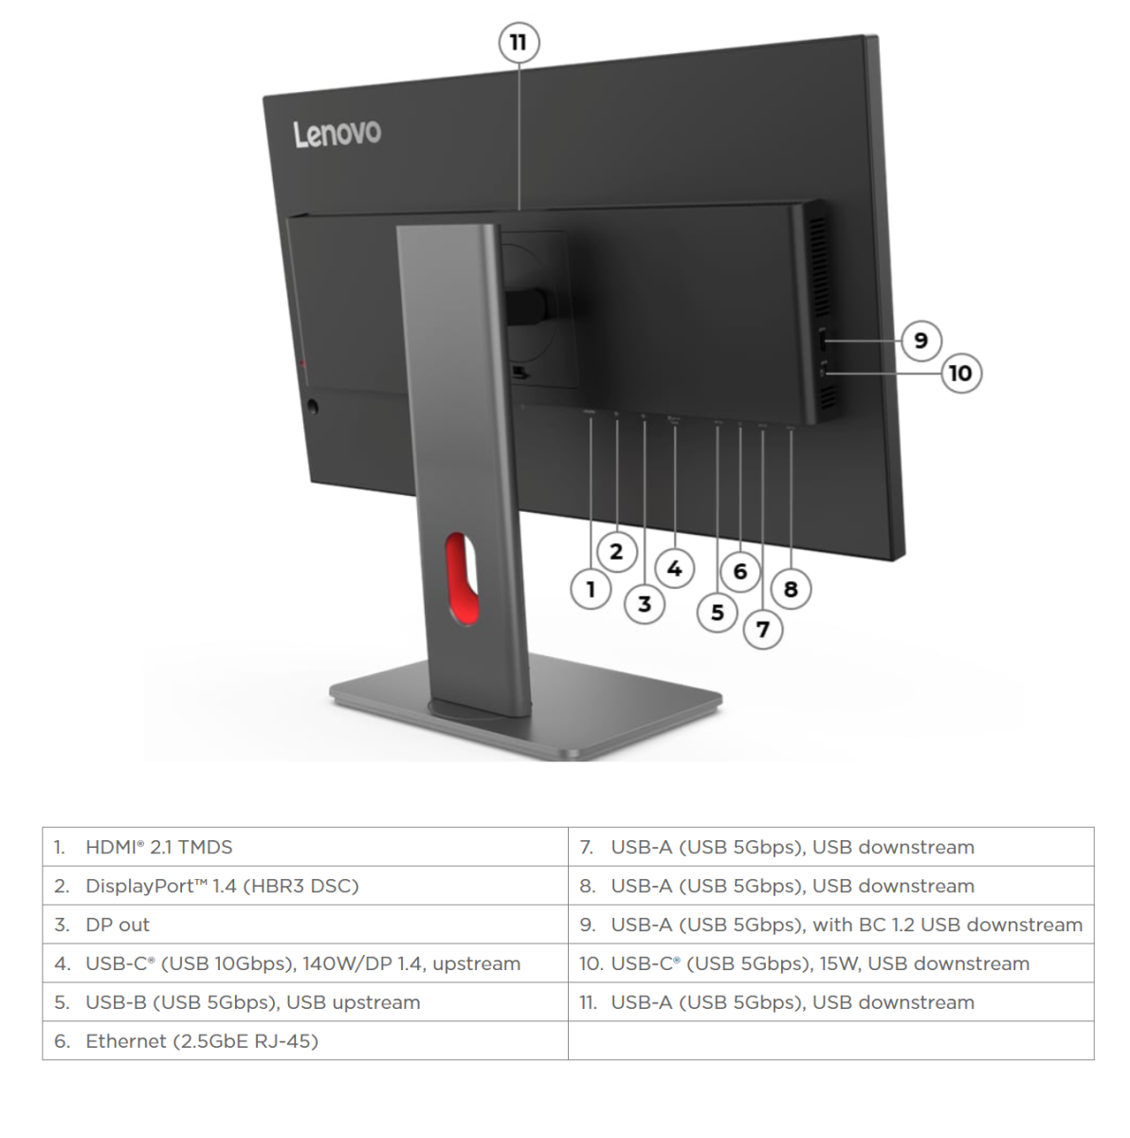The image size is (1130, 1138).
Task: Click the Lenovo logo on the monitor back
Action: [x=337, y=133]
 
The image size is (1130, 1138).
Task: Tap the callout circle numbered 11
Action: [x=519, y=43]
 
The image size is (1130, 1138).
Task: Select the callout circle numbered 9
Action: [x=920, y=340]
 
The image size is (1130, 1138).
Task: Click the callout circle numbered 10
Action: [x=960, y=373]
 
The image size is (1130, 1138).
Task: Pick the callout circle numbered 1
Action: [x=591, y=590]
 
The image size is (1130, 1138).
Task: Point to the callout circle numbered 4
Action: [x=674, y=569]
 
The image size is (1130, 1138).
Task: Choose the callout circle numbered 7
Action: [x=763, y=629]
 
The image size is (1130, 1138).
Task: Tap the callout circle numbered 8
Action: [x=791, y=590]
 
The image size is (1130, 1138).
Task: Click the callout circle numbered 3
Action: [x=645, y=604]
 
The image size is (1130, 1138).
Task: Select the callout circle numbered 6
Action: [x=740, y=571]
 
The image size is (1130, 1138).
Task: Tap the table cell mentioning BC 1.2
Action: [x=830, y=925]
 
